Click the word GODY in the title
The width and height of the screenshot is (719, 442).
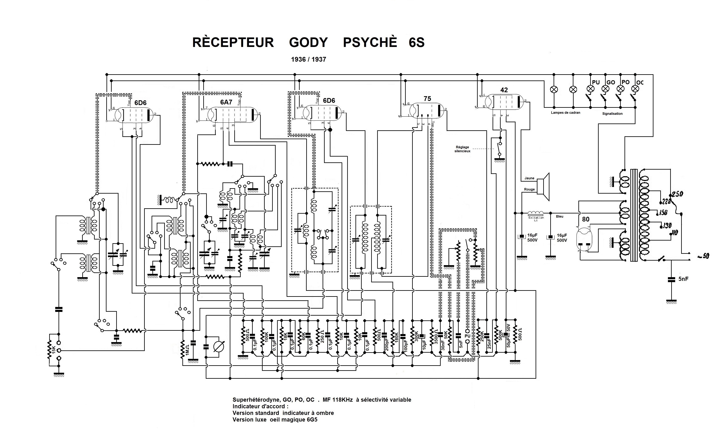(x=308, y=43)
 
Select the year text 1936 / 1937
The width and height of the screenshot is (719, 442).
(x=308, y=59)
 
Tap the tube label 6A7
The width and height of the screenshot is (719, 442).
(x=226, y=102)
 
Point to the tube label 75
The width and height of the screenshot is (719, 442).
(x=427, y=99)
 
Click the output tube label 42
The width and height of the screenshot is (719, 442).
(x=504, y=90)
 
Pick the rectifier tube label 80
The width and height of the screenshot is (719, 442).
(x=586, y=219)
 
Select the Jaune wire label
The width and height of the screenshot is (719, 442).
(x=529, y=178)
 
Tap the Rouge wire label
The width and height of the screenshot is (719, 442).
(x=529, y=189)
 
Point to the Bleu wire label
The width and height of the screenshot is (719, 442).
(x=559, y=216)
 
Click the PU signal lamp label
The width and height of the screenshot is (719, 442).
(x=596, y=83)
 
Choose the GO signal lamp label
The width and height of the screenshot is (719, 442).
(x=611, y=83)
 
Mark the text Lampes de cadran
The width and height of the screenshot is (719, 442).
(x=566, y=113)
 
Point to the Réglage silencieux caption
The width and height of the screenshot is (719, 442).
(x=462, y=149)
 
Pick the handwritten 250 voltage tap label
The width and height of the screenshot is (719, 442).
(x=677, y=194)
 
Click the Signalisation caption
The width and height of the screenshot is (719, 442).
(x=612, y=114)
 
